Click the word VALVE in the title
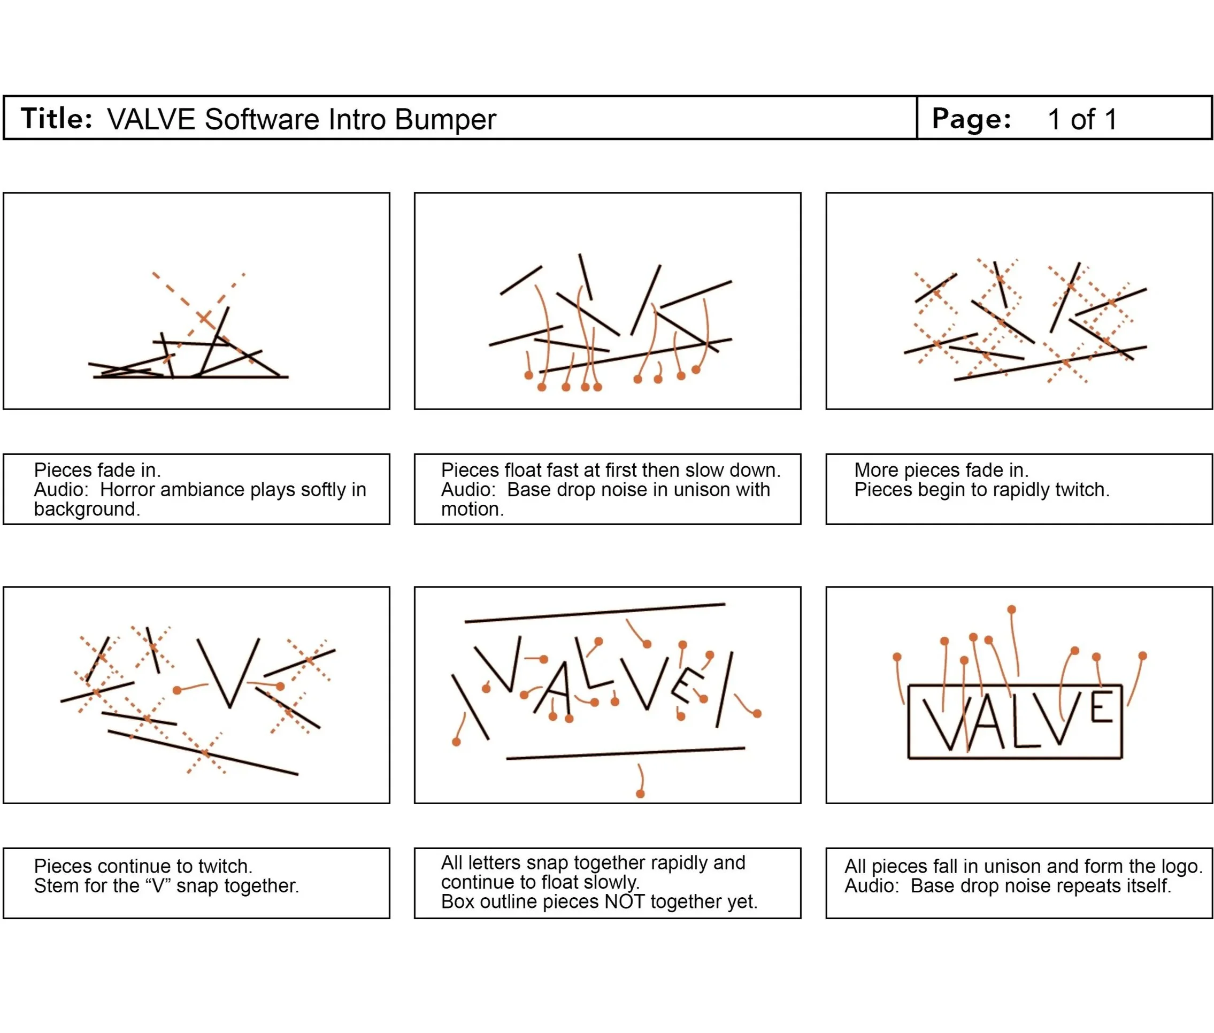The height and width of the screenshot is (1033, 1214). point(151,119)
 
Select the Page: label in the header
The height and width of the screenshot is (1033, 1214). point(972,119)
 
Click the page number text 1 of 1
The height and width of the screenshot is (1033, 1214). point(1082,119)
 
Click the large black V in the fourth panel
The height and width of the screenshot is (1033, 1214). point(228,674)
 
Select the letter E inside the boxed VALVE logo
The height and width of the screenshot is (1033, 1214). point(1101,707)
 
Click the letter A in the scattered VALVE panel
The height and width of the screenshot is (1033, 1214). point(554,688)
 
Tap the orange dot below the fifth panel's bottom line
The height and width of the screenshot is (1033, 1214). point(640,794)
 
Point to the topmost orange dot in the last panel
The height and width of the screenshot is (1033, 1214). point(1011,610)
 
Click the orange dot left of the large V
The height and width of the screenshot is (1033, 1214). point(177,690)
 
